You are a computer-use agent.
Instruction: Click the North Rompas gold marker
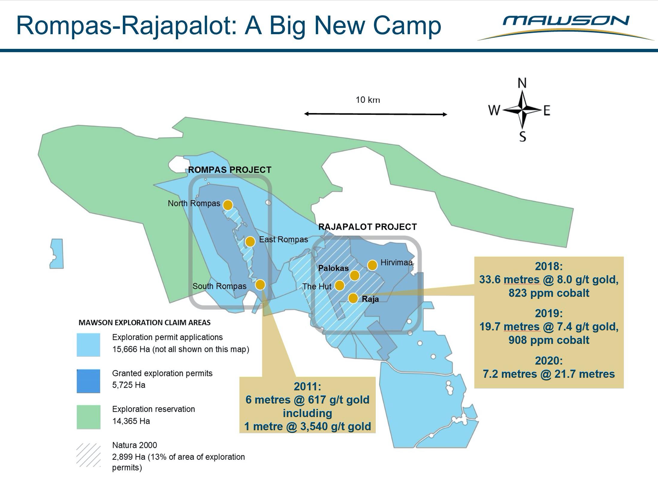coord(228,205)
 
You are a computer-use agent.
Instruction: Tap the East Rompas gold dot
coord(250,241)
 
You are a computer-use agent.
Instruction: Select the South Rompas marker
coord(260,285)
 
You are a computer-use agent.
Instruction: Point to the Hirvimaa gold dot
coord(372,265)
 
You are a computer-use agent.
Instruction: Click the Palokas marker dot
coord(354,275)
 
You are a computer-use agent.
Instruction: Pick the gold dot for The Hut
coord(339,285)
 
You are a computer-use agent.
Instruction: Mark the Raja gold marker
coord(353,298)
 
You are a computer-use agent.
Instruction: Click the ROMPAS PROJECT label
coord(230,170)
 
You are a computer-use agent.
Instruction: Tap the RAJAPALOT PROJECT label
coord(367,227)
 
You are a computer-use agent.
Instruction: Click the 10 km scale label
coord(368,100)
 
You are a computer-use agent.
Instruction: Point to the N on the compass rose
coord(522,83)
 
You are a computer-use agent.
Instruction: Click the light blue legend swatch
coord(88,345)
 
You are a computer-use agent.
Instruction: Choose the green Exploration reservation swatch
coord(88,417)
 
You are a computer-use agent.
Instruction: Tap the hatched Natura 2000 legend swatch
coord(88,455)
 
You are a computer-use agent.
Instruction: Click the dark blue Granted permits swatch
coord(88,381)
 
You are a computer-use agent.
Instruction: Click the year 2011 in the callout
coord(307,386)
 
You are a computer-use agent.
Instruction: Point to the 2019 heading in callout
coord(549,313)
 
